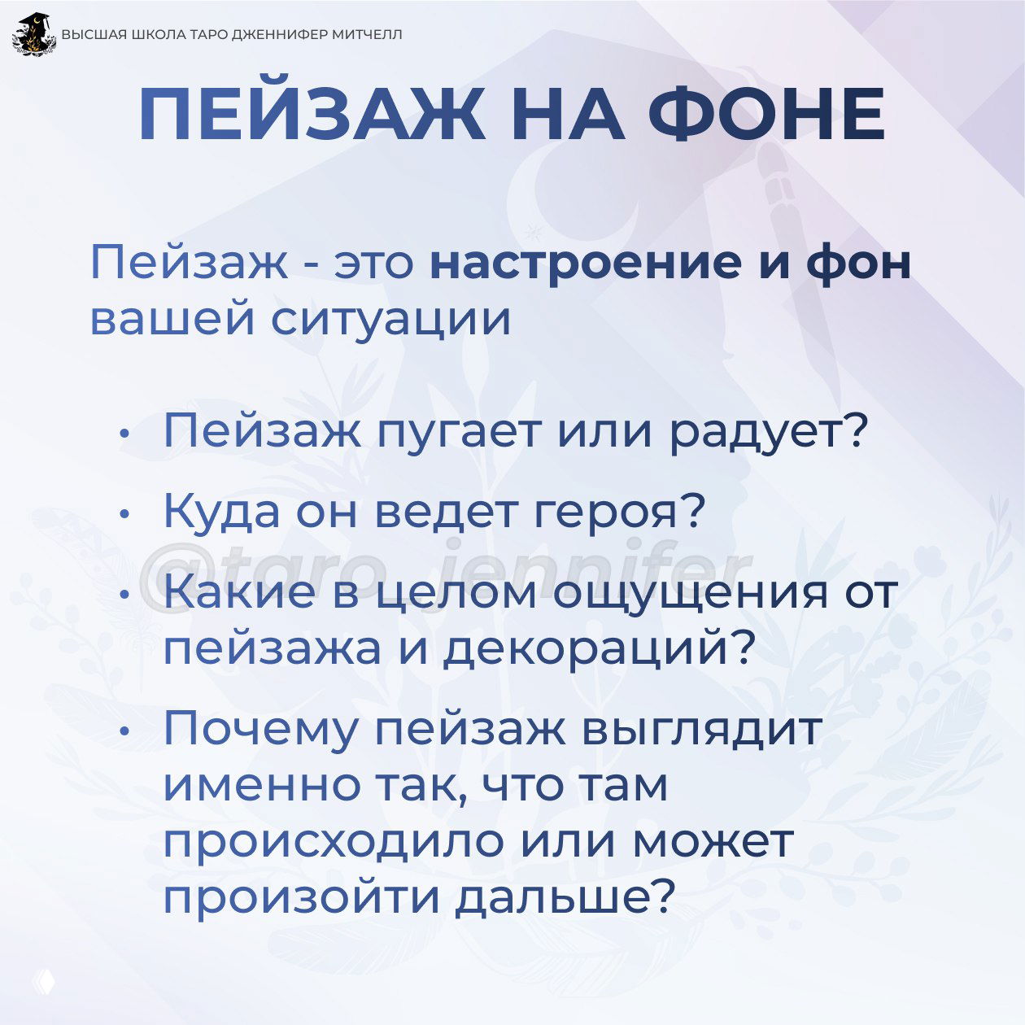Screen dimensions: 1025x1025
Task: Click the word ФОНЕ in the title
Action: click(766, 114)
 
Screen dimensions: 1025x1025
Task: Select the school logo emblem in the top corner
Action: click(34, 35)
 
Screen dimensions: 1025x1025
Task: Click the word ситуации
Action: click(390, 318)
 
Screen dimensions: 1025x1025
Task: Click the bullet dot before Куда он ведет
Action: click(123, 514)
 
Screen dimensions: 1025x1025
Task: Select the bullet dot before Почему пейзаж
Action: click(123, 730)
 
